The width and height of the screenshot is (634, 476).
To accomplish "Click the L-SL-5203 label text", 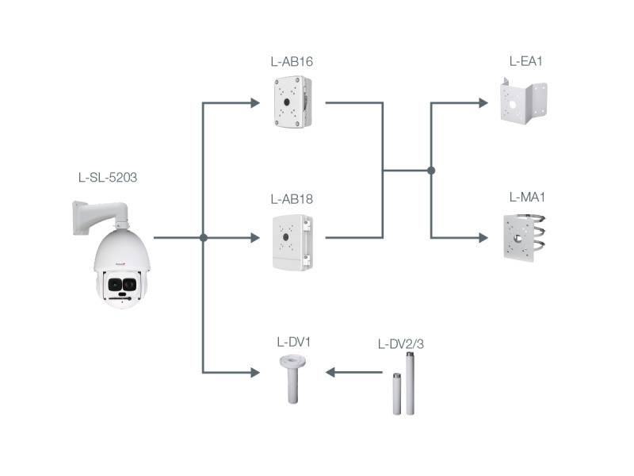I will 103,178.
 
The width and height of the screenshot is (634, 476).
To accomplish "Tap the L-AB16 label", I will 292,61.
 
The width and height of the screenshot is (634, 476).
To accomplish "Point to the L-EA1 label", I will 525,61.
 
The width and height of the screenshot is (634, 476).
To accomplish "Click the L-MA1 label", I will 525,196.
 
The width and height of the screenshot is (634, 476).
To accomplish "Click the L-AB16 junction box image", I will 292,102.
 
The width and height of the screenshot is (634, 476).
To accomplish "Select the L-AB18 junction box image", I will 292,241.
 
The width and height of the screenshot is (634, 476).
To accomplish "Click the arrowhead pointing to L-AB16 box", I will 254,102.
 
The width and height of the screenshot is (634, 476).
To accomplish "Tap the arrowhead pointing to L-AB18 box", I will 254,237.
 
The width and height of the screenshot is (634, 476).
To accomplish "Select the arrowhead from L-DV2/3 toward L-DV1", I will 331,371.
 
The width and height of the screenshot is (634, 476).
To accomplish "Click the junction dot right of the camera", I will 204,237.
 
